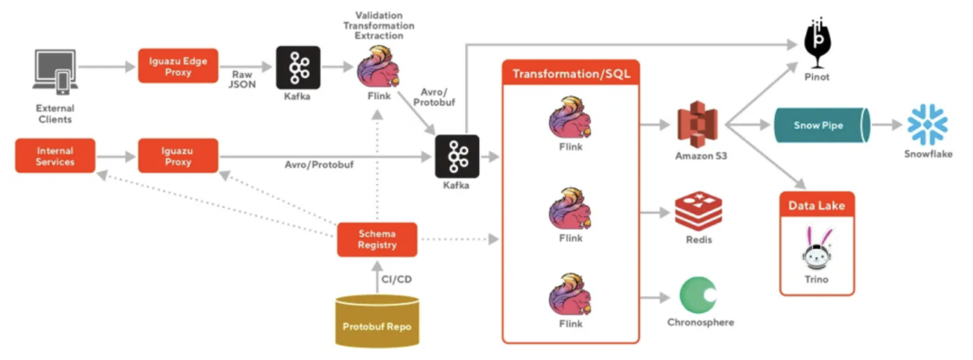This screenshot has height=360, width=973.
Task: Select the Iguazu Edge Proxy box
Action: [x=178, y=65]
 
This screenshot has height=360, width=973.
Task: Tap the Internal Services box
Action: [x=55, y=156]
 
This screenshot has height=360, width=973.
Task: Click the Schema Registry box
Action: [x=377, y=239]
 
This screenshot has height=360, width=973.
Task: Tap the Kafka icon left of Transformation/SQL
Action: [x=456, y=156]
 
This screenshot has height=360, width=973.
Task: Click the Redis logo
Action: [x=698, y=211]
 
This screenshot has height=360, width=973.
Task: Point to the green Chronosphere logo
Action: [x=699, y=295]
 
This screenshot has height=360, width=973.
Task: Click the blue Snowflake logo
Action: [x=927, y=125]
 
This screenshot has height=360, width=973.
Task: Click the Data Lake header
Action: [x=816, y=205]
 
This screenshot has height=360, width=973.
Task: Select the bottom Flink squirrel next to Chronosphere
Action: [x=570, y=299]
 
